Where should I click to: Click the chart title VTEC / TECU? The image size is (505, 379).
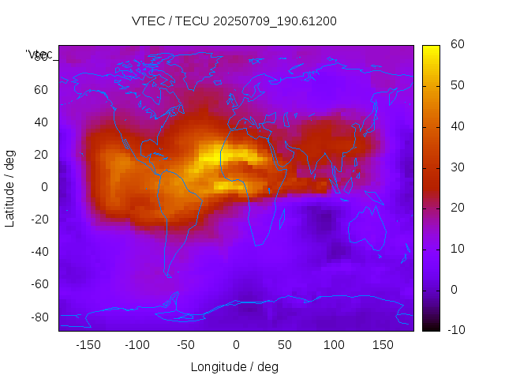[x=234, y=21]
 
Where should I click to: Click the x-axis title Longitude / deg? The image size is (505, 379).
[x=234, y=367]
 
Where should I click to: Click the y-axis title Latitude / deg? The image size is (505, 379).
[x=10, y=187]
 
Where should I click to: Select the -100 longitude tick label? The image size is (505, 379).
[x=137, y=345]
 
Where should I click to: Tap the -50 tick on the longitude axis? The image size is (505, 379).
[x=186, y=345]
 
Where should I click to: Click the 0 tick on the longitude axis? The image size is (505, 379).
[x=235, y=345]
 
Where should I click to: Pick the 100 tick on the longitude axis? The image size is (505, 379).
[x=334, y=345]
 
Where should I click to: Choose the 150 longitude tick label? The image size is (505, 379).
[x=383, y=345]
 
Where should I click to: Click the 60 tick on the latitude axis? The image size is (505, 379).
[x=41, y=90]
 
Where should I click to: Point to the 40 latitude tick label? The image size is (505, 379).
[x=41, y=122]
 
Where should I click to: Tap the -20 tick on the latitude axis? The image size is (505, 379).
[x=38, y=220]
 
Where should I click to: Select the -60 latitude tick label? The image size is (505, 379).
[x=38, y=284]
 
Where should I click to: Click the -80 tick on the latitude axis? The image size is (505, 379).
[x=38, y=317]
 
